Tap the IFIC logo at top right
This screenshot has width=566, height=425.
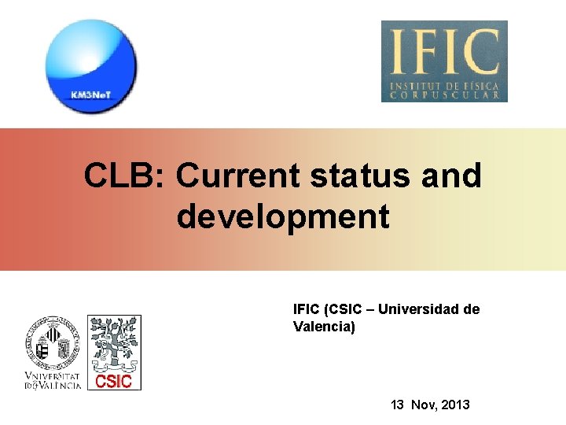tap(444, 61)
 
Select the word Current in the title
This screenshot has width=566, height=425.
tap(238, 176)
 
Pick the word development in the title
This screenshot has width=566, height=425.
tap(283, 216)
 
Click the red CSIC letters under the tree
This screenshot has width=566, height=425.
tap(114, 382)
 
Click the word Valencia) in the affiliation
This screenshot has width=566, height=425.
tap(324, 326)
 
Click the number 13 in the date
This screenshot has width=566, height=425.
tap(399, 405)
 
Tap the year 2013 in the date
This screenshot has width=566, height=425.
tap(456, 405)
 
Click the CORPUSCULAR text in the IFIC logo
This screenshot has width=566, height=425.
tap(444, 94)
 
